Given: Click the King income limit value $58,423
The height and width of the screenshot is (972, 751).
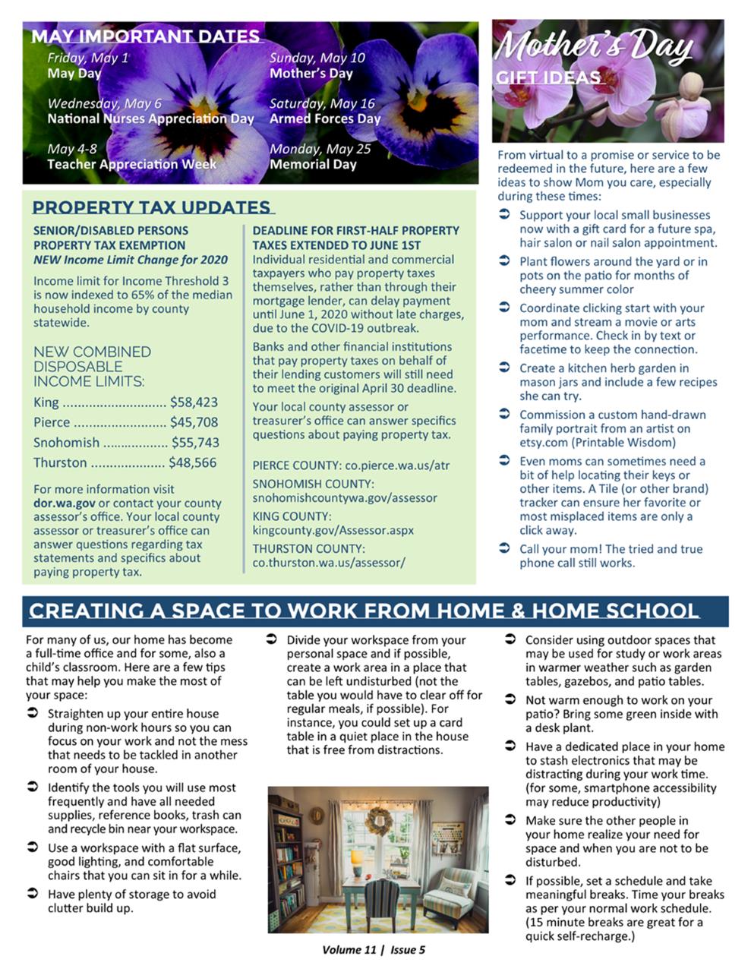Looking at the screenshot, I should coord(194,402).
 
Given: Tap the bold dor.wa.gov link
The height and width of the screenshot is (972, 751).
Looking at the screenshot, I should coord(65,503).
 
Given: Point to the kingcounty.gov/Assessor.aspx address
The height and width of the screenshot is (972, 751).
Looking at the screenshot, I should coord(333,530).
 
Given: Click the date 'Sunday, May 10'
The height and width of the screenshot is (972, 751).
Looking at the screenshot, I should coord(317,58).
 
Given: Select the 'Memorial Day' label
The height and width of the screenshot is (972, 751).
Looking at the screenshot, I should coord(313,164).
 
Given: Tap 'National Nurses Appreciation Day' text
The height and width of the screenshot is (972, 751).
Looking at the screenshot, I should coord(150,118).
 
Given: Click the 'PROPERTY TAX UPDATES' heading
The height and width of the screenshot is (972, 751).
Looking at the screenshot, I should coord(152,207).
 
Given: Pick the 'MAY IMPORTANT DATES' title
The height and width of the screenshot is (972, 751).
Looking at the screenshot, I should coord(145,36).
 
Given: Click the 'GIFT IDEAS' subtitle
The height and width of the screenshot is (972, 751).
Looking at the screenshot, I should coord(548,77).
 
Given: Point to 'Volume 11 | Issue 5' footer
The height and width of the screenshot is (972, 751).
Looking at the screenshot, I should coord(374,950).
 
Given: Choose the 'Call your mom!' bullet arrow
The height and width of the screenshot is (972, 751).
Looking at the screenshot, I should coord(504,548).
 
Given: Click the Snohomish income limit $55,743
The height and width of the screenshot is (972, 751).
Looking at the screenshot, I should coord(195,443).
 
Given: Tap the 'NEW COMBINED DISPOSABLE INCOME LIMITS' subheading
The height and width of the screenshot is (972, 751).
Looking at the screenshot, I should coord(92,366).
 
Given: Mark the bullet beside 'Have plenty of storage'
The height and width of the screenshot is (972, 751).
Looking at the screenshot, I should coord(33,894).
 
